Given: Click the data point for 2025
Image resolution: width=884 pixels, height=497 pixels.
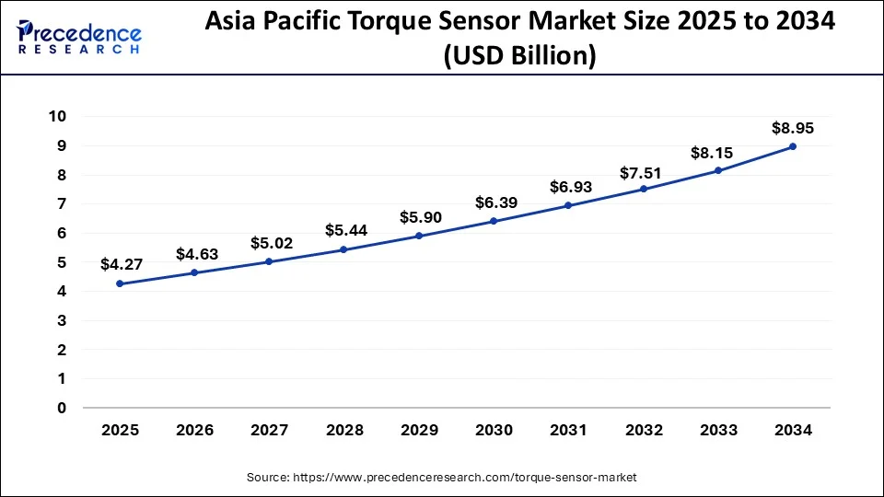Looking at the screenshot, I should coord(120,283).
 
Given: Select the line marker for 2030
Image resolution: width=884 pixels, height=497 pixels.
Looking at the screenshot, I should coord(494,221).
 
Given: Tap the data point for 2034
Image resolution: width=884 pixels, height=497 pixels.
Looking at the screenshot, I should coord(792,146).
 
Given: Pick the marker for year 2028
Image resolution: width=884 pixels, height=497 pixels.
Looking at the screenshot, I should coord(343,249).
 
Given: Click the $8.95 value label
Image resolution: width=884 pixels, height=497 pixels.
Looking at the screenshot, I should coord(792,128).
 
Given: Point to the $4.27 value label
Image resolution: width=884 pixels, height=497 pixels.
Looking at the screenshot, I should coord(120,265).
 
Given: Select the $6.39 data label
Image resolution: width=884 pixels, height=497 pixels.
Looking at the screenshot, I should coord(494,202).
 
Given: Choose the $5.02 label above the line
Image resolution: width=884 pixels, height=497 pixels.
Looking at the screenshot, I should coord(269,243).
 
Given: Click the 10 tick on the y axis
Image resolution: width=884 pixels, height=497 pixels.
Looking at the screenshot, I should coord(57,116).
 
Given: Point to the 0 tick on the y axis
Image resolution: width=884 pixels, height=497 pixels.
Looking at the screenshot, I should coord(61,408).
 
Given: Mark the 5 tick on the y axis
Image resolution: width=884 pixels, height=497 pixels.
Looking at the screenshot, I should coord(61,262).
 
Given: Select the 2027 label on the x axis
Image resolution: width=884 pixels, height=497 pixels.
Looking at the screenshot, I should coord(269,430).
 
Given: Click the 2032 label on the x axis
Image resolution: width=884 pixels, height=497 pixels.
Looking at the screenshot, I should coord(643,430).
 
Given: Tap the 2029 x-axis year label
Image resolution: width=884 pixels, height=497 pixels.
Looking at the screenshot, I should coord(418,430).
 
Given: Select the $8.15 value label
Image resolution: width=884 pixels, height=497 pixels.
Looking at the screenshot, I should coord(717,152).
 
